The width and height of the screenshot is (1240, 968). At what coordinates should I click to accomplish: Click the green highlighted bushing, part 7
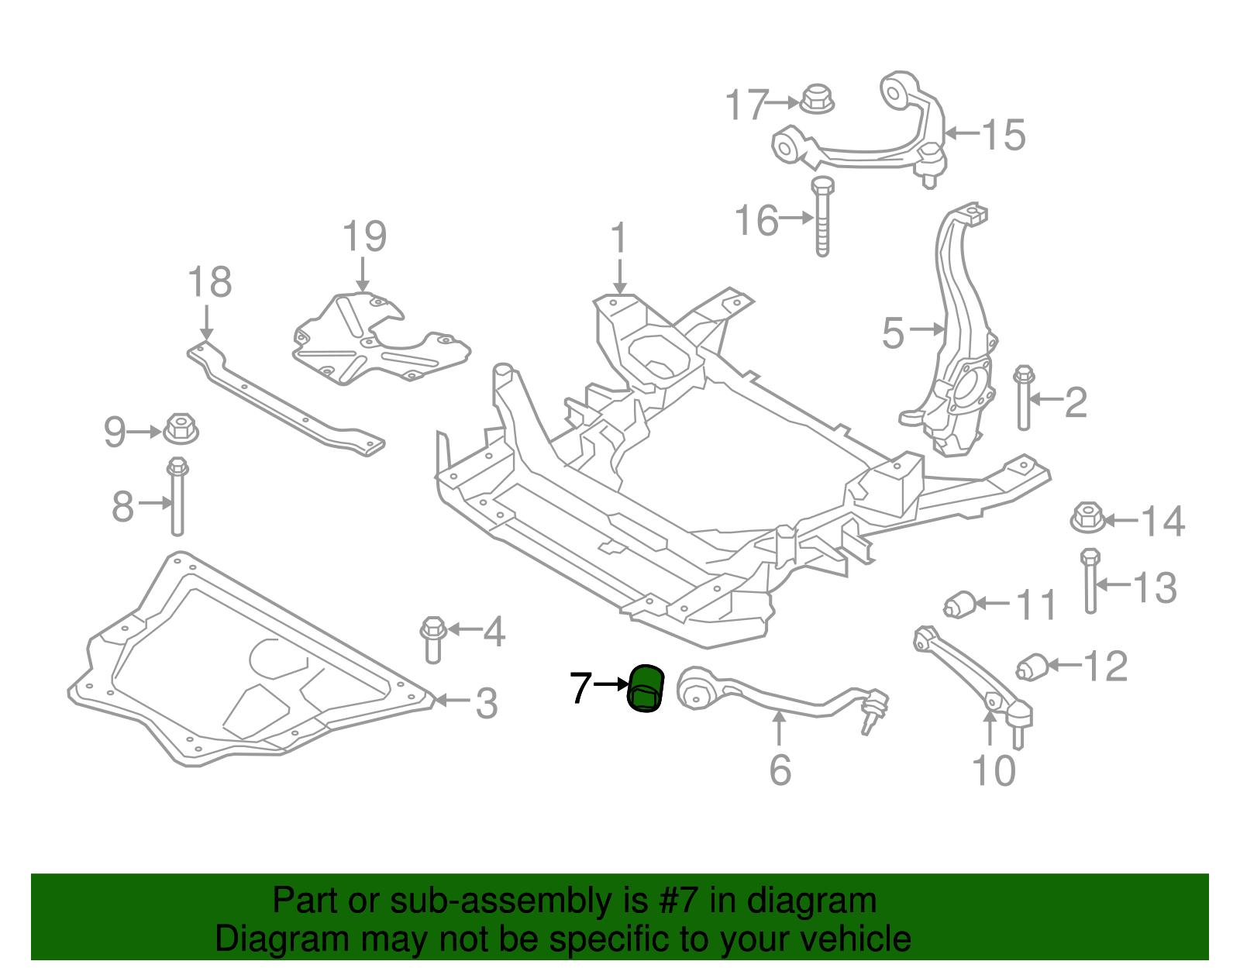tap(646, 688)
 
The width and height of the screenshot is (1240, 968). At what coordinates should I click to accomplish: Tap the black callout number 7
tap(580, 687)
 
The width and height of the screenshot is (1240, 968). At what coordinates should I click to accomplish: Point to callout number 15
tap(1004, 135)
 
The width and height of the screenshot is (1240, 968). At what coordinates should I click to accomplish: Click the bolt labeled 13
tap(1090, 581)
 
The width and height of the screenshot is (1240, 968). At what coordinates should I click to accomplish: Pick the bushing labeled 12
tap(1032, 666)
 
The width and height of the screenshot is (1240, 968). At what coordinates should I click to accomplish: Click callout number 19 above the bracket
tap(364, 236)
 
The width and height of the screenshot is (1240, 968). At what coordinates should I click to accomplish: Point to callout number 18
tap(209, 282)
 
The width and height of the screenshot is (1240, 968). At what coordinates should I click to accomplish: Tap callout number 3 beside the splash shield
tap(486, 703)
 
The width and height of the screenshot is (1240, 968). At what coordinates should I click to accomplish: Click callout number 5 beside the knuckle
tap(893, 333)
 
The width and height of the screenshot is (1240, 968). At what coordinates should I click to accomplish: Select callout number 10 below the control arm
tap(994, 770)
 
